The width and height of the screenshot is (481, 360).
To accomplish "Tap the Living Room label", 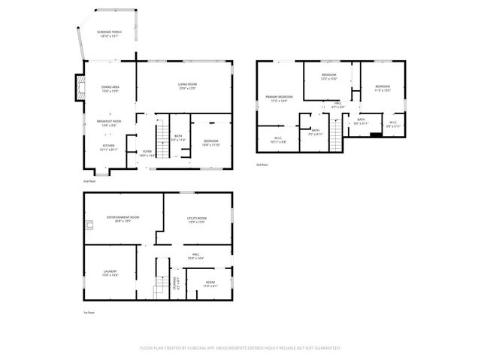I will click(187, 86).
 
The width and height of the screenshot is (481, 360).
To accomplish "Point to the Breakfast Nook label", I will click(109, 123).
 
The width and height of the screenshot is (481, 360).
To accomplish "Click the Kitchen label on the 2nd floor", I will click(109, 147).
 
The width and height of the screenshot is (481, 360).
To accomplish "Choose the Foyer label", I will click(147, 153).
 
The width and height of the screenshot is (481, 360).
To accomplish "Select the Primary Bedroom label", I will click(279, 98).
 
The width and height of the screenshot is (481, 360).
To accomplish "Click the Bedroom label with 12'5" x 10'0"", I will click(330, 77).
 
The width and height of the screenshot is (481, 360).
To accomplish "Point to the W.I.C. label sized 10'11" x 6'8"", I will click(277, 139).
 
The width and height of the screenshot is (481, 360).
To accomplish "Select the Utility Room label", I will click(197, 219).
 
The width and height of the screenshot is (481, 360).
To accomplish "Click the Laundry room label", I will click(110, 274).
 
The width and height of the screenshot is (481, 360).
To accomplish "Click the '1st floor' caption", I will click(89, 312).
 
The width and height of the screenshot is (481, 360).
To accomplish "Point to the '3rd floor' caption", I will click(262, 164).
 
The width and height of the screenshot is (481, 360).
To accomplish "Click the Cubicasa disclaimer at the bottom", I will click(240, 348).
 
